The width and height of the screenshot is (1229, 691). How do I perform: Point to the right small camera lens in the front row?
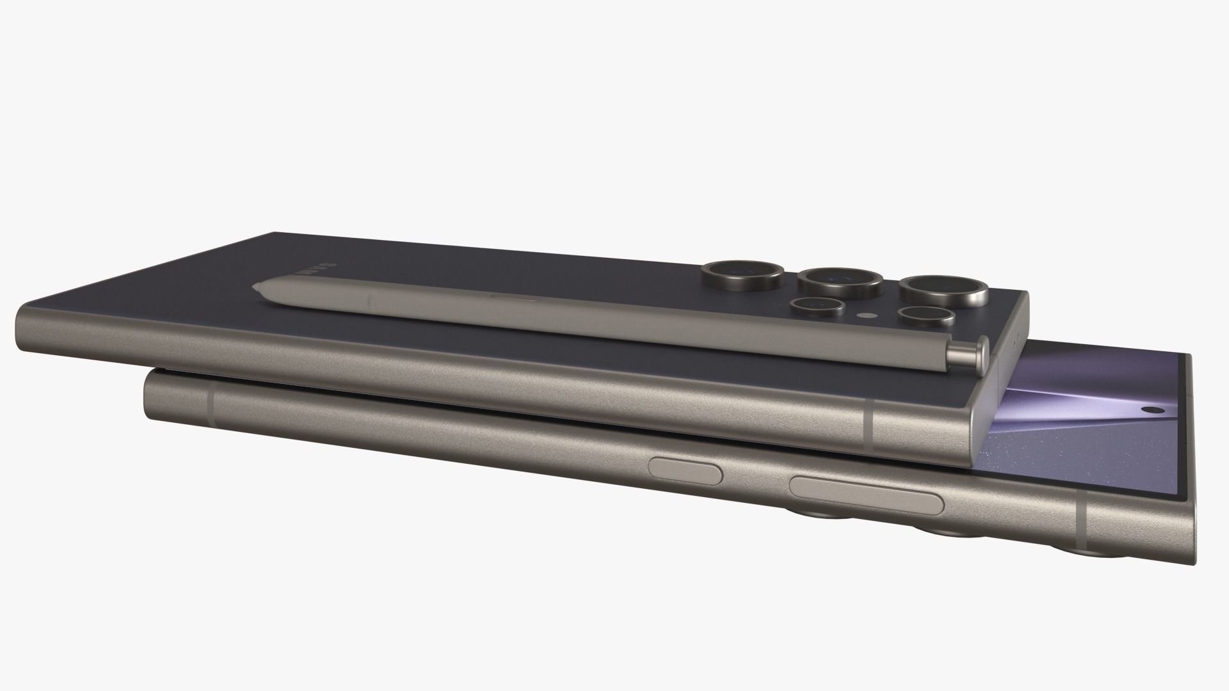click(923, 317)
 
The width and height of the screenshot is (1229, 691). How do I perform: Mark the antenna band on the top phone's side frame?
click(869, 427)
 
